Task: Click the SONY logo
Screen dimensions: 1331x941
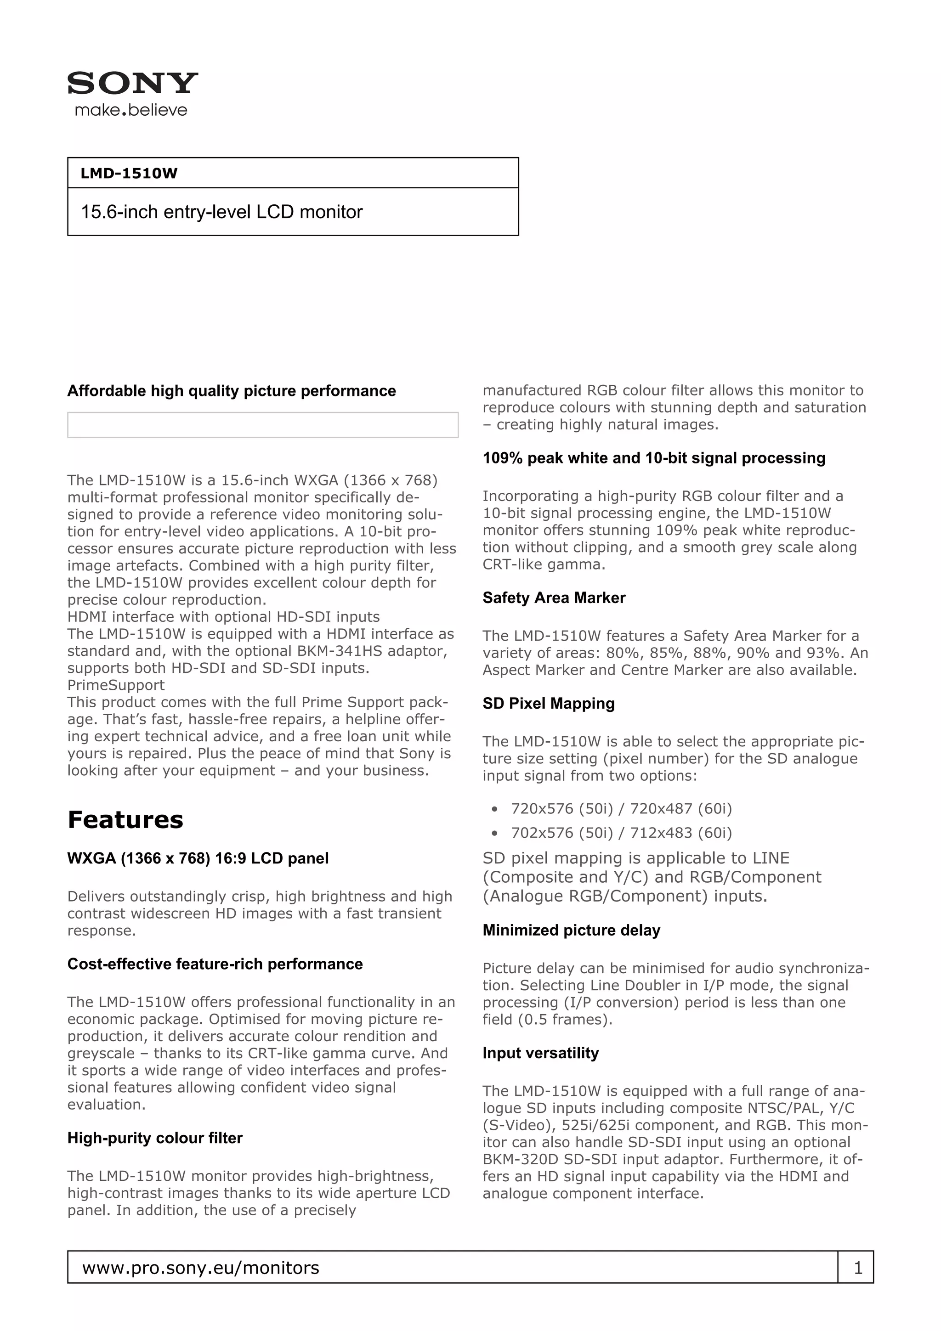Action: pos(133,84)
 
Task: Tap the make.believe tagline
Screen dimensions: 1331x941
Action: pos(131,110)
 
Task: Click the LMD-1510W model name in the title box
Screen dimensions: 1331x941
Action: pos(129,173)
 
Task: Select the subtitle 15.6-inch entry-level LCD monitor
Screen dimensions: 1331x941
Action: pos(221,212)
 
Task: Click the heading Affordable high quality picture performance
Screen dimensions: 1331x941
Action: pos(231,391)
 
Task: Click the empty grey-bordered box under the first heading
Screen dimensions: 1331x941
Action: pos(263,425)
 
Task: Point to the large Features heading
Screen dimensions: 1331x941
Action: pos(125,820)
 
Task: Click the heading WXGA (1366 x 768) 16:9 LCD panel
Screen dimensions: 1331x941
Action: pos(198,858)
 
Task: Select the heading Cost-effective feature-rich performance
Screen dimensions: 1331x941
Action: pos(215,964)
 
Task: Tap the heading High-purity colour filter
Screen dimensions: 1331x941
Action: pos(155,1138)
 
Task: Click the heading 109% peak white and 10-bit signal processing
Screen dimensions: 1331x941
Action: pos(653,458)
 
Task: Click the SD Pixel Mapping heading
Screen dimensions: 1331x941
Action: pos(549,703)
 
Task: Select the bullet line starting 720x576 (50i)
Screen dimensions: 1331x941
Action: pos(621,809)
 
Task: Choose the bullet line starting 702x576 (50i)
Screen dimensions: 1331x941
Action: pos(621,833)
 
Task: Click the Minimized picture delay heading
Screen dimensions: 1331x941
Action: pos(571,931)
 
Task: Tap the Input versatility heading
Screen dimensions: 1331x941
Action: pos(540,1053)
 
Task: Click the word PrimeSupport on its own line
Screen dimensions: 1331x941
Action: pos(116,685)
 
